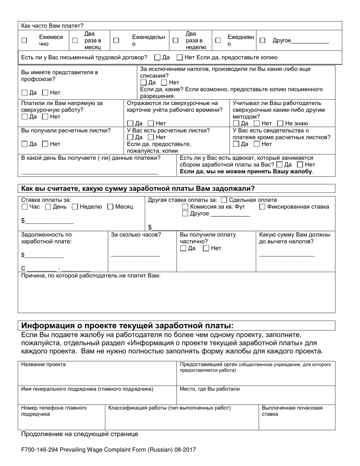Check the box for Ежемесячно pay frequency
pos(24,41)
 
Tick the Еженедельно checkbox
pos(117,41)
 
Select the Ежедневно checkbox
pos(218,41)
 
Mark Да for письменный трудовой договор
pos(158,58)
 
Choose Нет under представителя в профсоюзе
pos(45,92)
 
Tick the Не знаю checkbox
pos(280,123)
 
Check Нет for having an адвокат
pos(300,165)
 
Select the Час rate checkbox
pos(25,207)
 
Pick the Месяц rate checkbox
pos(110,207)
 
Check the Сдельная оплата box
pos(224,200)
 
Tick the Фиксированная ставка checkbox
pos(262,207)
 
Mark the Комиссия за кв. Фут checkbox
pos(185,207)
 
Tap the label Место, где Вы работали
pos(210,389)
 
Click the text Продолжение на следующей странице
pos(80,434)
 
